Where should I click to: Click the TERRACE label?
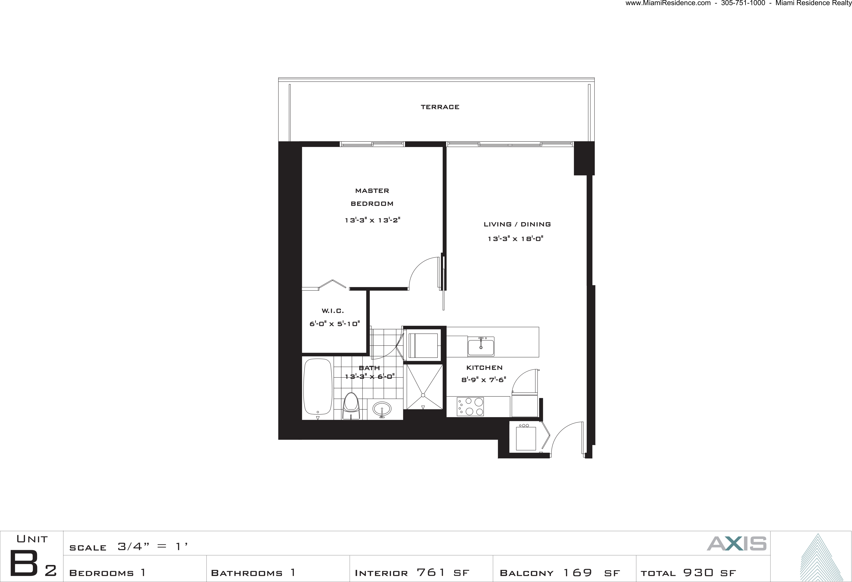[x=440, y=107]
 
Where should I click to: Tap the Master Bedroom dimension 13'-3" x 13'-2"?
[x=372, y=220]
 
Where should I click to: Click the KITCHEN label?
[x=484, y=367]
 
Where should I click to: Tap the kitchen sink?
[x=481, y=346]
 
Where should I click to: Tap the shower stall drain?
[x=423, y=395]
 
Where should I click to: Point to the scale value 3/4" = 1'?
[x=153, y=547]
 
